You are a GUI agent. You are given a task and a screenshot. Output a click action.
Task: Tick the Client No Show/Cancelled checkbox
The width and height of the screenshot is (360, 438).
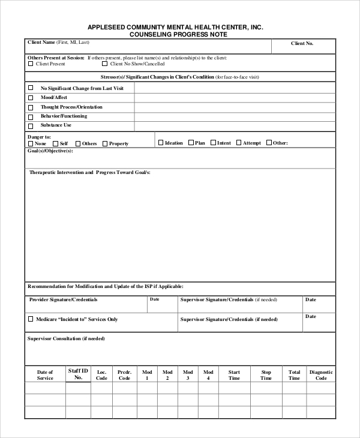[104, 64]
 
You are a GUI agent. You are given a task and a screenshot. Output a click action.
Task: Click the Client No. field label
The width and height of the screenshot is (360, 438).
[302, 44]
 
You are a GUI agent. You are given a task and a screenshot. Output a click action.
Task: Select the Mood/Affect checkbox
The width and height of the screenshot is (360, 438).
[31, 97]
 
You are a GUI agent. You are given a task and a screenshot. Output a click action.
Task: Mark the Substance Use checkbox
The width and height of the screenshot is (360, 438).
[31, 126]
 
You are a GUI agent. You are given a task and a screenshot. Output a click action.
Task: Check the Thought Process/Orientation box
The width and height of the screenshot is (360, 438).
[31, 107]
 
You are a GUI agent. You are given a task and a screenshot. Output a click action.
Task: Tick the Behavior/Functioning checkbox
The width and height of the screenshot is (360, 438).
[31, 116]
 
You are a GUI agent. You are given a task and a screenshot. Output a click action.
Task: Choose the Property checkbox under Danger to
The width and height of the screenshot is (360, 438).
[104, 144]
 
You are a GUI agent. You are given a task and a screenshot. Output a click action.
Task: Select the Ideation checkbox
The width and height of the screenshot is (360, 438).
[160, 143]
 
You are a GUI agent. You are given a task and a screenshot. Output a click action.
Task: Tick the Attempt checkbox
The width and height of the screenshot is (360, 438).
[238, 143]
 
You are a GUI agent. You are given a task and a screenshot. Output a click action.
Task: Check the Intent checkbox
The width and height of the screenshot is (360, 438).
[212, 143]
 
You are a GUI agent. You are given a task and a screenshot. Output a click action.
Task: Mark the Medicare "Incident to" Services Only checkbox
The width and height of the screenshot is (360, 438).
[31, 319]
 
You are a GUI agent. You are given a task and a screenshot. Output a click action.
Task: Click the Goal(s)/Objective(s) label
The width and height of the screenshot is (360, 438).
[50, 151]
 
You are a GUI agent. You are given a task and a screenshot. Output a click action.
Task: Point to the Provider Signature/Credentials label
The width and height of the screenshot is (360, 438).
[63, 299]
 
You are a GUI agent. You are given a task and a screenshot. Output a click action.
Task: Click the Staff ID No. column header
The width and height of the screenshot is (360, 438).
[78, 374]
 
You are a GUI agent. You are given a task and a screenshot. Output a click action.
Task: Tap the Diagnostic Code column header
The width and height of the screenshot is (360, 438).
[321, 375]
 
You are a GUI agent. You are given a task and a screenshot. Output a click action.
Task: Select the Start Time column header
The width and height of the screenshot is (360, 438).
[234, 375]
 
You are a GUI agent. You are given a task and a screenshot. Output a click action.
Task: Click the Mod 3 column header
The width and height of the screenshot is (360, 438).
[188, 375]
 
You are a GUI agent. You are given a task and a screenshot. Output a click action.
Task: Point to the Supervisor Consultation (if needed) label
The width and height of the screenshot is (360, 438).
[66, 338]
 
